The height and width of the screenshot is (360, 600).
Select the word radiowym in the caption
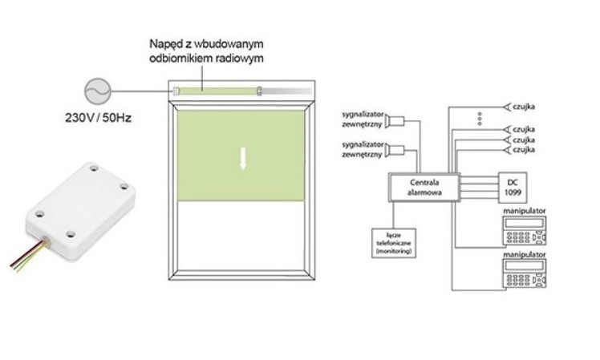coord(241,58)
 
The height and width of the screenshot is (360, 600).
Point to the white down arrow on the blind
coord(241,160)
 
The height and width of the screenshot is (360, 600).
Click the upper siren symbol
coord(394,122)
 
